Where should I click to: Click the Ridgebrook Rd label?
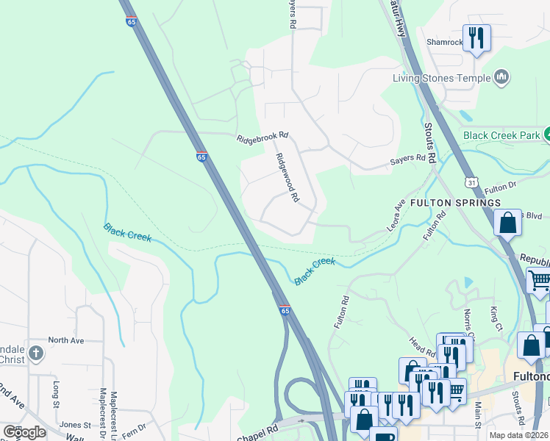[262, 137]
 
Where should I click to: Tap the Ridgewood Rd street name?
[287, 177]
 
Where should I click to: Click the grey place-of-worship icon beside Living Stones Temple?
[502, 77]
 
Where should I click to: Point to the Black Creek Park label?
[501, 135]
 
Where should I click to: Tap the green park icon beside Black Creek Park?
[548, 135]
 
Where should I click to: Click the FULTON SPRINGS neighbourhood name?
[455, 202]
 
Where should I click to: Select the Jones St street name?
[75, 425]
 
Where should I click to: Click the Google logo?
[24, 432]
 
